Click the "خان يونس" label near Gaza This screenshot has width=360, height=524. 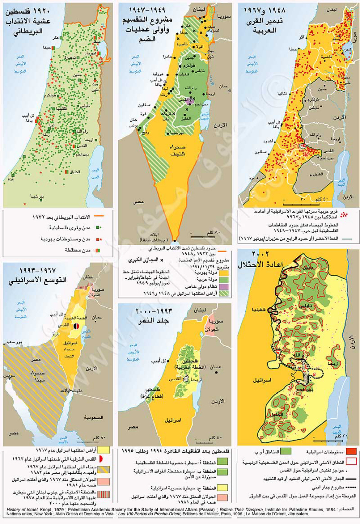point(132,122)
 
